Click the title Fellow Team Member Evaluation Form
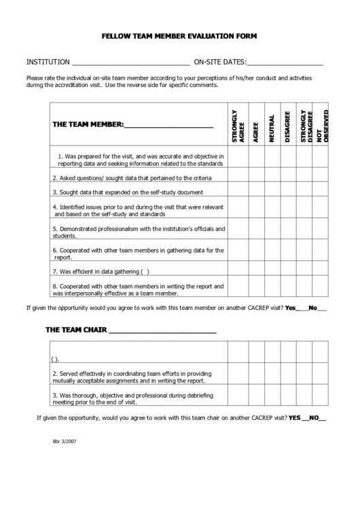tap(179, 35)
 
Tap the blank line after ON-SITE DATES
tap(285, 63)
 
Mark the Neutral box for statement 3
tap(272, 192)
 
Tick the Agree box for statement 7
tap(255, 271)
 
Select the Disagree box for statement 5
tap(288, 232)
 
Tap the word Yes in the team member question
tap(290, 307)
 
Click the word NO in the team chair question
tap(314, 417)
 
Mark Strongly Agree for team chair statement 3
tap(238, 398)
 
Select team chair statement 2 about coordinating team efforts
tap(132, 376)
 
